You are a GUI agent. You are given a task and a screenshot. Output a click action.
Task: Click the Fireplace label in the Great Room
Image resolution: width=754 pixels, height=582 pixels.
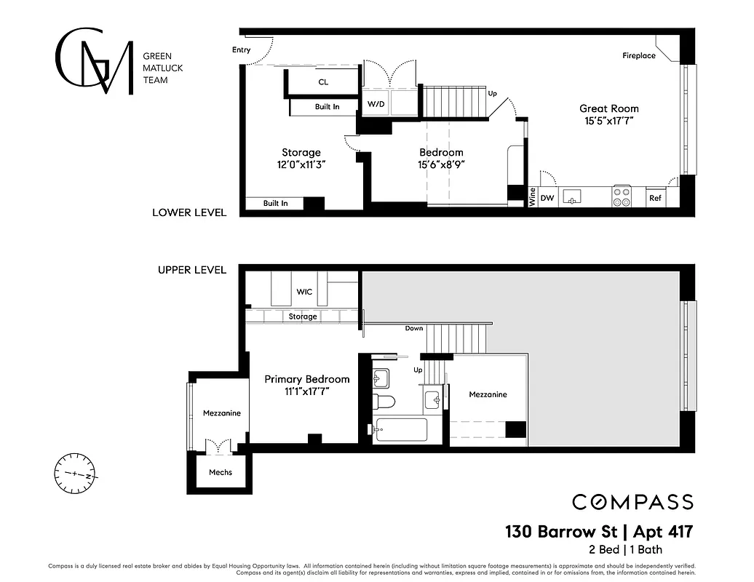[638, 56]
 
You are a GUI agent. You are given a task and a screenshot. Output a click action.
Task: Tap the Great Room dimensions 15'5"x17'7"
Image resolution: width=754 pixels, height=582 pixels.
[608, 121]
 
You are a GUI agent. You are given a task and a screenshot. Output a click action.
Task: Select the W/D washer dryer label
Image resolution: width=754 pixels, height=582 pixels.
[376, 104]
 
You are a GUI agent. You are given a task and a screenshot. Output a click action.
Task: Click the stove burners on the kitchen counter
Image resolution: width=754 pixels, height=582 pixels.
[622, 196]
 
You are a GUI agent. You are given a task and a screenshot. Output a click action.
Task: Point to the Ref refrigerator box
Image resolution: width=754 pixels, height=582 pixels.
[655, 197]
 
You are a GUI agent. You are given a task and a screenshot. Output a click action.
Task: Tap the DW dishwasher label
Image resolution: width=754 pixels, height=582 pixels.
[547, 197]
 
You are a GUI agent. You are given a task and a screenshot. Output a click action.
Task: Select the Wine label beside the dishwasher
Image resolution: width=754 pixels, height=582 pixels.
[532, 197]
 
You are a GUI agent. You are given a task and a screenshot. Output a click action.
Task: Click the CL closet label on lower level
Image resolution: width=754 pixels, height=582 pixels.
[323, 82]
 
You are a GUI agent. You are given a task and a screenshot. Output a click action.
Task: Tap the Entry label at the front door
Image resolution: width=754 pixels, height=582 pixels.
[241, 50]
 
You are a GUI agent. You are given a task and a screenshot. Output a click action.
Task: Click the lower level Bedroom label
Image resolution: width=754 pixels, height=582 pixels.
[441, 152]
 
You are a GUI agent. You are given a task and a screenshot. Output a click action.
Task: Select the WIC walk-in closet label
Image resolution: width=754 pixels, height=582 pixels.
[304, 292]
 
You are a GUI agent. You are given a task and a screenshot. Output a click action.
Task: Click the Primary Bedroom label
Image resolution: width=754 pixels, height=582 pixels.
[306, 379]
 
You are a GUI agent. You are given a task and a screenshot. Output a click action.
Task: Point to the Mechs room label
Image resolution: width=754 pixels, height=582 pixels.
[221, 472]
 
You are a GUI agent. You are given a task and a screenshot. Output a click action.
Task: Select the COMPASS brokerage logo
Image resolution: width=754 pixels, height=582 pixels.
[632, 502]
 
